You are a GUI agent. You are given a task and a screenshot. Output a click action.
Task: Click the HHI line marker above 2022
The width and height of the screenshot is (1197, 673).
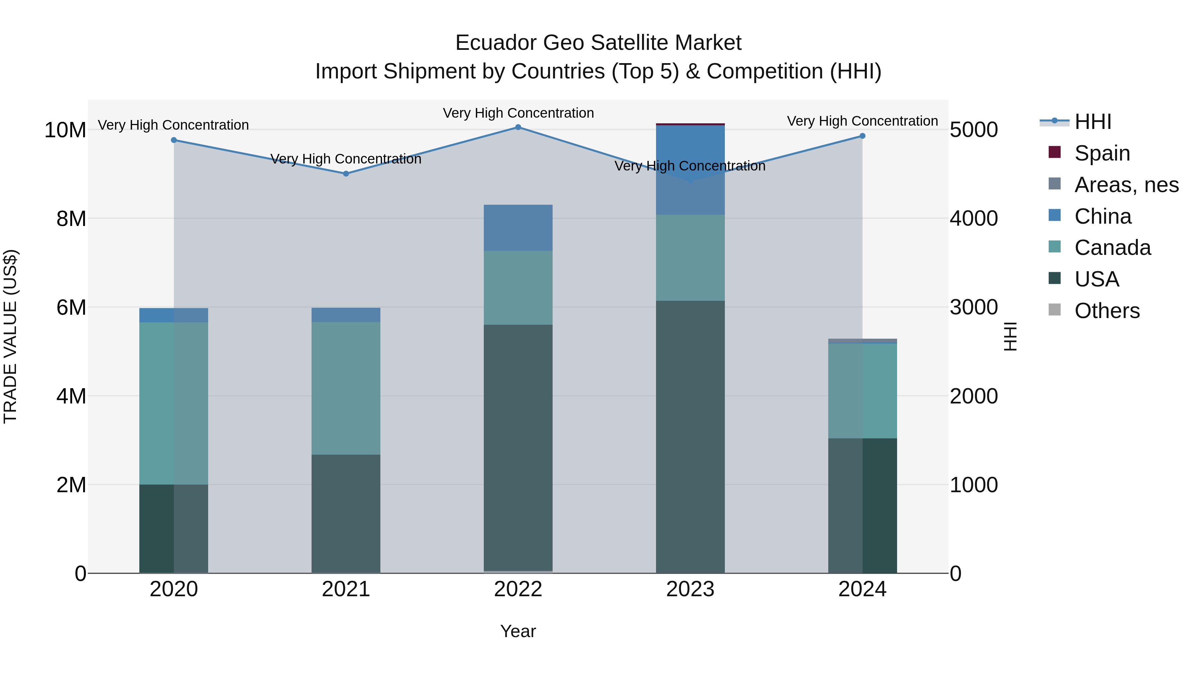(518, 127)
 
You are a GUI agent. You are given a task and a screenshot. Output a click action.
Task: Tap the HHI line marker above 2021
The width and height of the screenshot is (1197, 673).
(346, 174)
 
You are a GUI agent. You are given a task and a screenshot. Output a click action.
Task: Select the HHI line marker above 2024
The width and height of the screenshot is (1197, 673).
(863, 136)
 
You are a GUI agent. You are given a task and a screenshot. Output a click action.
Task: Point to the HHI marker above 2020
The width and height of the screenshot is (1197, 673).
(174, 140)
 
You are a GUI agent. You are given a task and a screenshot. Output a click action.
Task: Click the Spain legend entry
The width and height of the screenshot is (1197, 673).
(1102, 153)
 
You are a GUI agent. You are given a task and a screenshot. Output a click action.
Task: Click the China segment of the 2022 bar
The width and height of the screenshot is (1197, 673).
(518, 228)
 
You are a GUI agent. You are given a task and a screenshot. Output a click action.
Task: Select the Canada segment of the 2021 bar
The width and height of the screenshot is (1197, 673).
(346, 388)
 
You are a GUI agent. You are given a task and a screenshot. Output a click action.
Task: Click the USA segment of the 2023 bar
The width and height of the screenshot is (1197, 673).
(690, 437)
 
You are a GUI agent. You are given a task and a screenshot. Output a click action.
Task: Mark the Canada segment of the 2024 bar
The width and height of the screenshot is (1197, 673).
(863, 391)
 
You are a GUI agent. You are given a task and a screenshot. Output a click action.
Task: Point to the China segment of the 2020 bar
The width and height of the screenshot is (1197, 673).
(174, 315)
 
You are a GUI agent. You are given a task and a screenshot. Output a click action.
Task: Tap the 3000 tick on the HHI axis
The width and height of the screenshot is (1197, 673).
(974, 307)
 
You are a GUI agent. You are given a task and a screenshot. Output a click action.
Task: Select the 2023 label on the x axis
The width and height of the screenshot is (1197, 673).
(690, 589)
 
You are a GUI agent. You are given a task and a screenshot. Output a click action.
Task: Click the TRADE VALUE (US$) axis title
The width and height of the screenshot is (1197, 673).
(11, 336)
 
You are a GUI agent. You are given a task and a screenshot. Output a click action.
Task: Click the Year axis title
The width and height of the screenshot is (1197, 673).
(518, 631)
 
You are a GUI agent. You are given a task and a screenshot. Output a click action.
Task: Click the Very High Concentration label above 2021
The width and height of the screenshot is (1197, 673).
(346, 159)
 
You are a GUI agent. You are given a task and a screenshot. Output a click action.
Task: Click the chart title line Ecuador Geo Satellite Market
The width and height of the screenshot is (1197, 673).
(598, 43)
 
